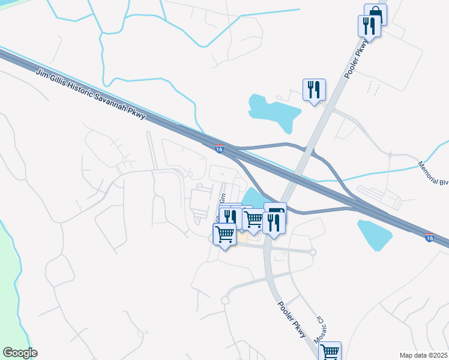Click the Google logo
(20, 353)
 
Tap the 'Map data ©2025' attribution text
(423, 355)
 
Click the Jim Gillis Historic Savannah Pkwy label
(91, 94)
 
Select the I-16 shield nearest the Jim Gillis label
(220, 149)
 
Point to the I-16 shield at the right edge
(429, 238)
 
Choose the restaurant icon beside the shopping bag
(368, 26)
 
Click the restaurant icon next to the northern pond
(314, 90)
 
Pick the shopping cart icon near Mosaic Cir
(330, 352)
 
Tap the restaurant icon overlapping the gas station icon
(274, 223)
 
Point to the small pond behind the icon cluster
(253, 197)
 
